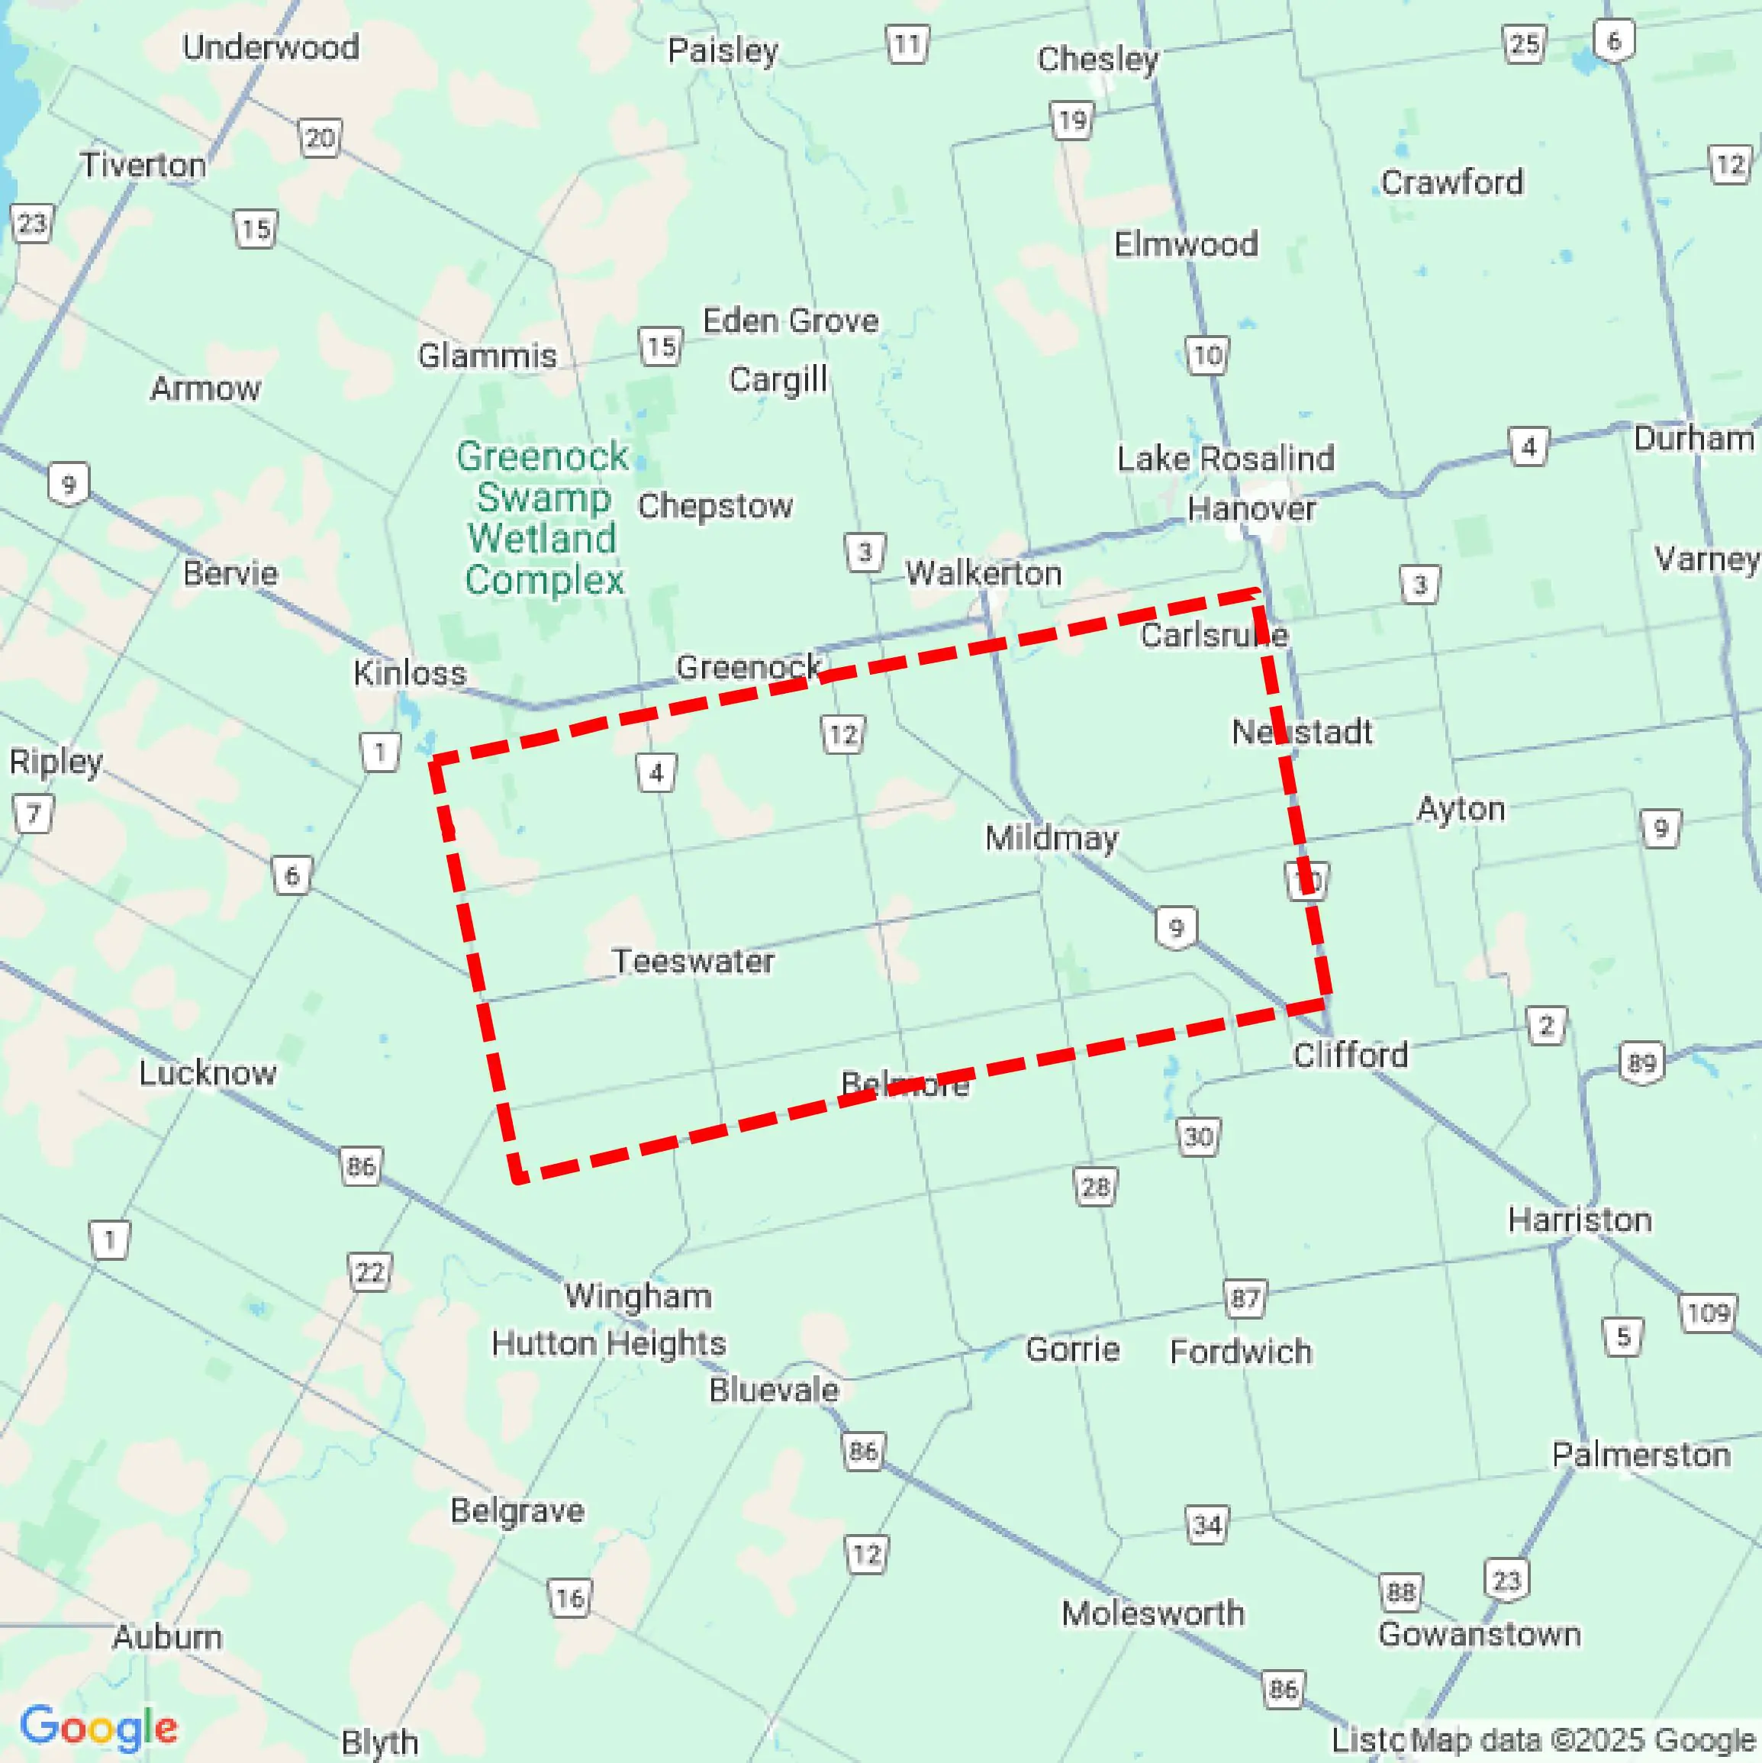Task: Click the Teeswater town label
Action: pyautogui.click(x=693, y=961)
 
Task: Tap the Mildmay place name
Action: pyautogui.click(x=1052, y=838)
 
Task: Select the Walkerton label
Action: pyautogui.click(x=984, y=573)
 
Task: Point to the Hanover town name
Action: pyautogui.click(x=1251, y=508)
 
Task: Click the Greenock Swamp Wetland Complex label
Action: pyautogui.click(x=543, y=517)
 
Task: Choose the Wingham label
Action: pyautogui.click(x=638, y=1296)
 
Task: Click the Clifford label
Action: pyautogui.click(x=1351, y=1055)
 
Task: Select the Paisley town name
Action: pyautogui.click(x=723, y=50)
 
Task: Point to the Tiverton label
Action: pyautogui.click(x=143, y=165)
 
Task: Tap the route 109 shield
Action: pyautogui.click(x=1708, y=1313)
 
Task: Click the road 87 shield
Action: pyautogui.click(x=1245, y=1297)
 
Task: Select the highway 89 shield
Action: pyautogui.click(x=1641, y=1063)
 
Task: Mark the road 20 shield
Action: pyautogui.click(x=320, y=139)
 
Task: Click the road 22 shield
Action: pyautogui.click(x=369, y=1272)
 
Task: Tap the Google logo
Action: pyautogui.click(x=98, y=1726)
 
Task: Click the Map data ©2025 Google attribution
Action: pyautogui.click(x=1584, y=1739)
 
